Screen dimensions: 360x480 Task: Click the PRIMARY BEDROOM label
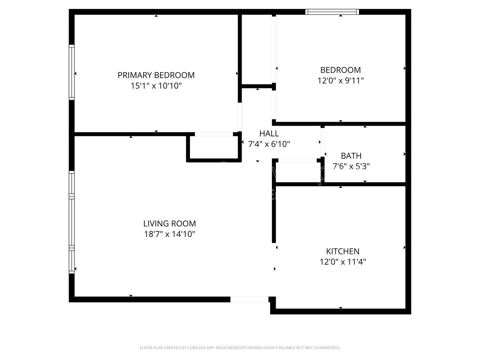(156, 75)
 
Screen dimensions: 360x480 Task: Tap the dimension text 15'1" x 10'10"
(156, 86)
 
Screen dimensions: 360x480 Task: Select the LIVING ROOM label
(169, 223)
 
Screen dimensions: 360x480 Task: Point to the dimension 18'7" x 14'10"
(169, 234)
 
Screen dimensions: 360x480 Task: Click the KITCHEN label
(343, 251)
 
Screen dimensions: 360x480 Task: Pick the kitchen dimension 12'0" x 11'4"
(343, 262)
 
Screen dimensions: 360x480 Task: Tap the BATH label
(351, 156)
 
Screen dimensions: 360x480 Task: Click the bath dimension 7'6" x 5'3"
(351, 166)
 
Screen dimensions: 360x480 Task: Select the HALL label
(269, 134)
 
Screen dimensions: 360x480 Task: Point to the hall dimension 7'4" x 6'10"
(269, 144)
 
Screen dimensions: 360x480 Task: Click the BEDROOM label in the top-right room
(340, 70)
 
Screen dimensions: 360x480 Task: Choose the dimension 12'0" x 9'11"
(340, 81)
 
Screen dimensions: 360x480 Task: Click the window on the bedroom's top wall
(332, 12)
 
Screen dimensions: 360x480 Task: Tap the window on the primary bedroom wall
(71, 72)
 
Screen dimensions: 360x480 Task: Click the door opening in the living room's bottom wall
(249, 299)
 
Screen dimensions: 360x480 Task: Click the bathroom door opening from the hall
(322, 142)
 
